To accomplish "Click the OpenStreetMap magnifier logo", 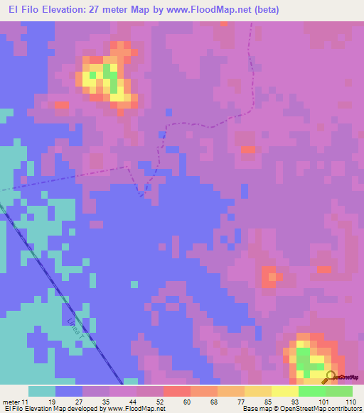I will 329,376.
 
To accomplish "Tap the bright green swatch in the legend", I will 311,391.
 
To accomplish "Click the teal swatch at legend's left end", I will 42,391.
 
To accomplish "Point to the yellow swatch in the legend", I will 284,391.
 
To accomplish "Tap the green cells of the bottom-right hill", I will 304,357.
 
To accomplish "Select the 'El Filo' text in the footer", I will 11,409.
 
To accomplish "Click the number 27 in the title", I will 100,10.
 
